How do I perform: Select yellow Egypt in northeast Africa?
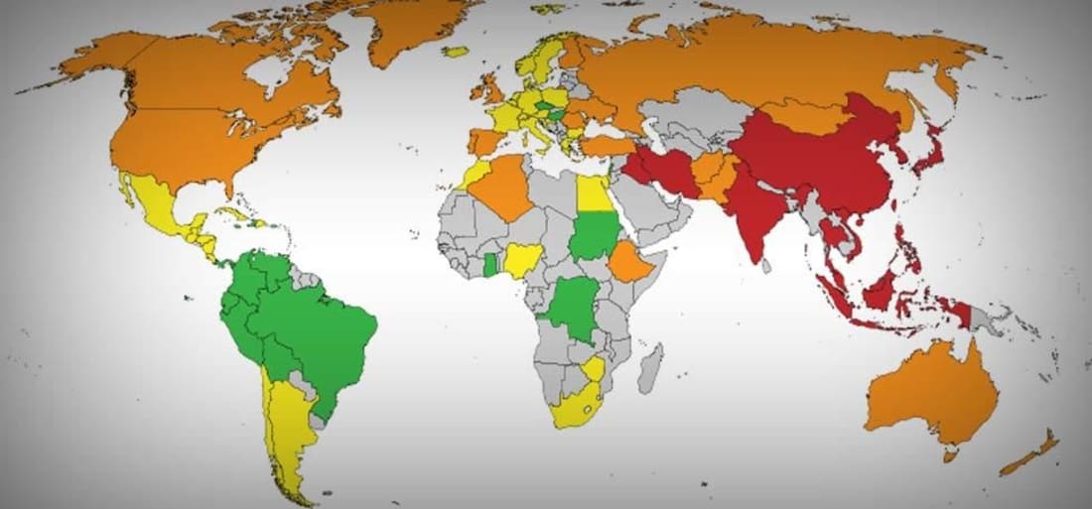[593, 192]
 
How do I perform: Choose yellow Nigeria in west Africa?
[520, 260]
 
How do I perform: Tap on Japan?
[930, 149]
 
